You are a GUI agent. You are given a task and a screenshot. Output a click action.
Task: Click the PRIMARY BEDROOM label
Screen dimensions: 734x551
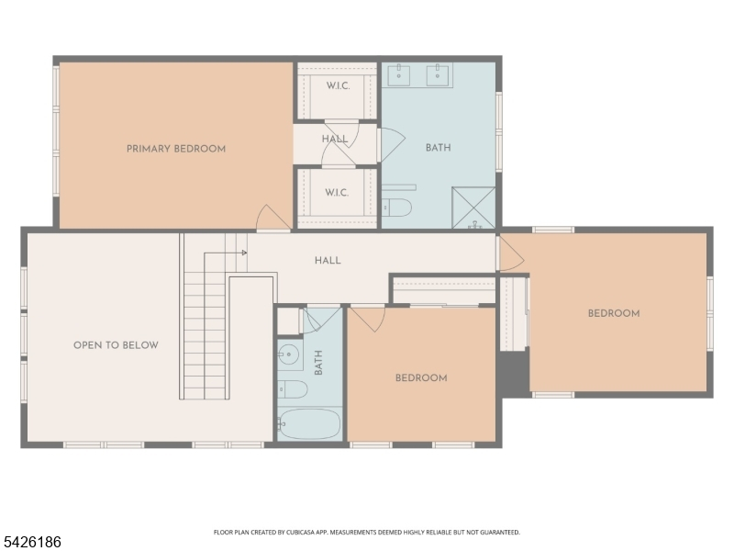tap(176, 149)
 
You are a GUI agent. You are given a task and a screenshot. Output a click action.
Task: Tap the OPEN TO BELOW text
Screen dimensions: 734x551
tap(116, 345)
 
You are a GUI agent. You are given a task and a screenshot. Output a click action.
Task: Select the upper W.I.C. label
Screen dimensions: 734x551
tap(338, 85)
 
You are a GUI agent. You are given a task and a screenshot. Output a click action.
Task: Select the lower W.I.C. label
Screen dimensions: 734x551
tap(337, 193)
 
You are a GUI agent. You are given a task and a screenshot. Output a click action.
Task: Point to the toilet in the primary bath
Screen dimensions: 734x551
tap(397, 208)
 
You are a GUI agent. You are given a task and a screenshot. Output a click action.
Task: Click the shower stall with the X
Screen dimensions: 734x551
tap(473, 208)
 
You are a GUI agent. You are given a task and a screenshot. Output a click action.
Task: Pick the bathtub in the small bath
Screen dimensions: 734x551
tap(309, 424)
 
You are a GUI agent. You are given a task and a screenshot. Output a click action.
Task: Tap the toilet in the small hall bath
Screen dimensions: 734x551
tap(293, 389)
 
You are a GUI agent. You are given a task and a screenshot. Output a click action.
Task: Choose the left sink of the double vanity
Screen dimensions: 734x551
tap(399, 75)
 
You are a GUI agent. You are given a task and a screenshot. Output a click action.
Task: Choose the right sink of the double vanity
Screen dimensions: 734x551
tap(438, 75)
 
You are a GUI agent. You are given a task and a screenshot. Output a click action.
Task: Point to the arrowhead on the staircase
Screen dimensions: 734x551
tap(244, 253)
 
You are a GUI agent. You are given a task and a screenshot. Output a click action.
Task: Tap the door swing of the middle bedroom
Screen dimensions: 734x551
tap(370, 320)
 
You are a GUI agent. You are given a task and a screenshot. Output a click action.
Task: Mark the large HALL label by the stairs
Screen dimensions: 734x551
tap(328, 261)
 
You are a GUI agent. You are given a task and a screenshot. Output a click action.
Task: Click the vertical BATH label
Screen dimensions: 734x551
tap(318, 363)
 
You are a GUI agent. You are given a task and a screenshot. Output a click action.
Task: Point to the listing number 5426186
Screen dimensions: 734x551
tap(31, 542)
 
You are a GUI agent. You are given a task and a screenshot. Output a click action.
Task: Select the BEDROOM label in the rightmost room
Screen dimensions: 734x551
tap(614, 313)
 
